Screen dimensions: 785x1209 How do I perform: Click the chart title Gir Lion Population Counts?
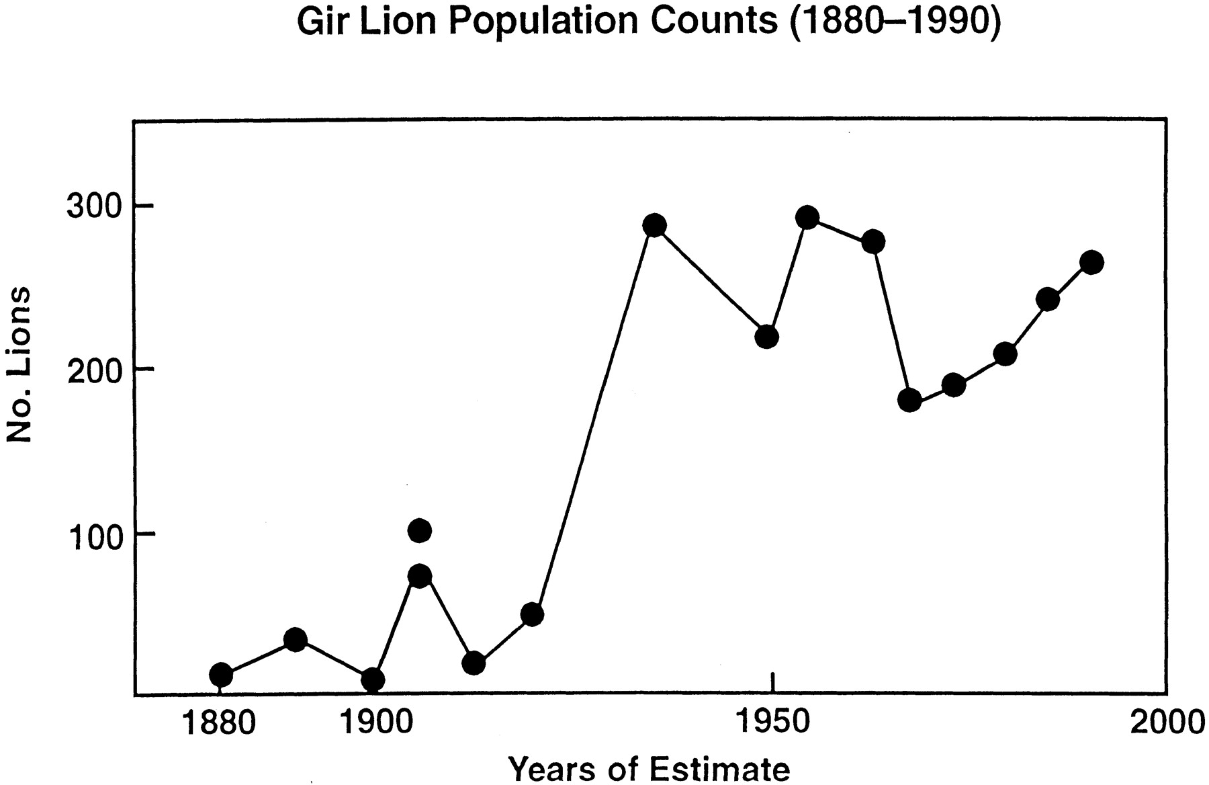(648, 22)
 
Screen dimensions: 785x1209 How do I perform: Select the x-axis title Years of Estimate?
(648, 768)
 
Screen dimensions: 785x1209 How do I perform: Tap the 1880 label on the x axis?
(219, 722)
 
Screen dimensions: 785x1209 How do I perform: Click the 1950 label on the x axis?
(772, 722)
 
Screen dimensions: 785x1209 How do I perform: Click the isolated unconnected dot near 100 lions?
(419, 531)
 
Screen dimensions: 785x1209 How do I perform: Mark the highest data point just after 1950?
(807, 218)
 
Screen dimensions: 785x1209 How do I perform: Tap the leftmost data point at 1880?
(221, 675)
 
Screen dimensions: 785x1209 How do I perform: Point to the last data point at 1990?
(1092, 262)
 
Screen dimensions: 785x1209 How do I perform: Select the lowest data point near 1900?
(373, 679)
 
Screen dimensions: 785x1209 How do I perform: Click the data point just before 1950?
(766, 337)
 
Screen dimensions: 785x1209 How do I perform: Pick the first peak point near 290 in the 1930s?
(654, 226)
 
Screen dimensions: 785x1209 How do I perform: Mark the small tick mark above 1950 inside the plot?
(773, 681)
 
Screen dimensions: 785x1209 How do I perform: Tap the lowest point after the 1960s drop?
(909, 401)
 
